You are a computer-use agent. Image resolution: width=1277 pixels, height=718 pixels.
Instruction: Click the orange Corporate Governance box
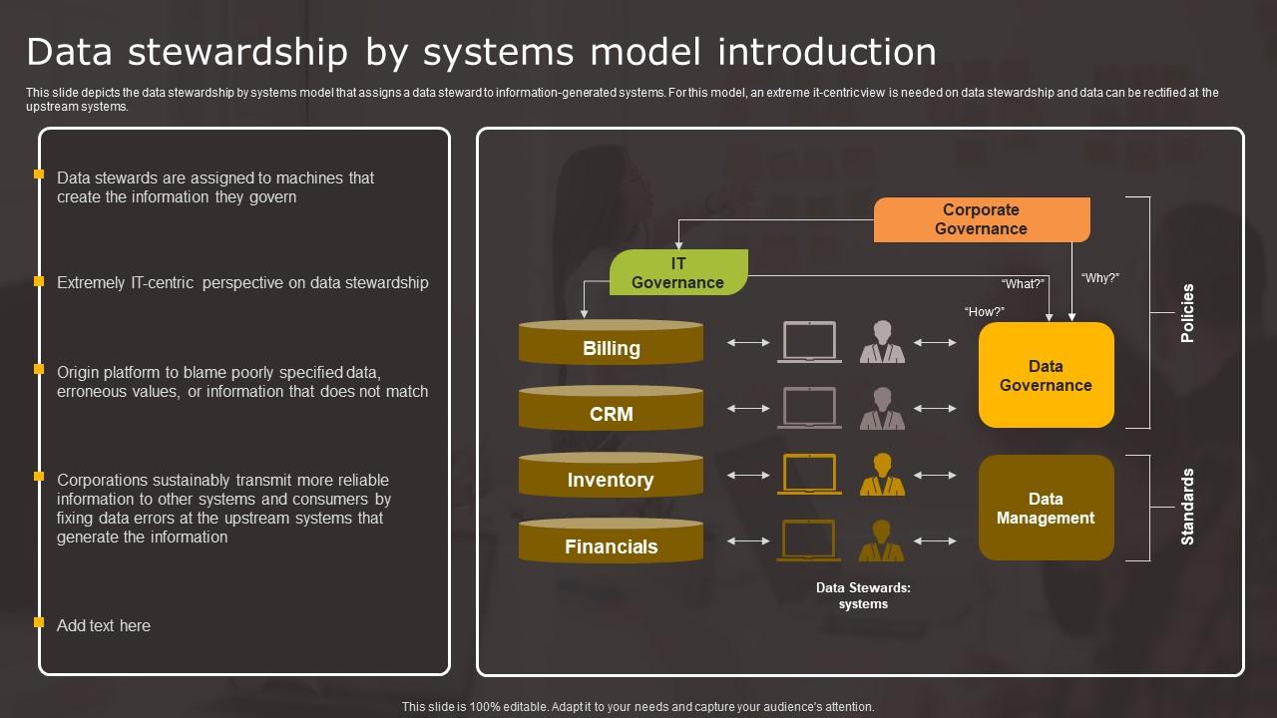(981, 219)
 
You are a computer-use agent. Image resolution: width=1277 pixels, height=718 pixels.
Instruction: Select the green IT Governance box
(678, 272)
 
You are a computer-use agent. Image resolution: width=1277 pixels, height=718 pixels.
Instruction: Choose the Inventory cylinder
(611, 476)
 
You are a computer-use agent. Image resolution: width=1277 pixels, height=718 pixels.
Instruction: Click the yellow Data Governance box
(1046, 375)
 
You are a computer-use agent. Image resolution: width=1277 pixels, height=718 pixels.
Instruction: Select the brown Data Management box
(1046, 508)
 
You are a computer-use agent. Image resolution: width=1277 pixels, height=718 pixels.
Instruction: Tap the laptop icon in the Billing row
(809, 341)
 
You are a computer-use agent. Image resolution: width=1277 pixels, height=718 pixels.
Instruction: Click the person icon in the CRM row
(882, 408)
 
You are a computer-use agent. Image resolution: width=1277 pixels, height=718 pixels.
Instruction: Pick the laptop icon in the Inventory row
(809, 474)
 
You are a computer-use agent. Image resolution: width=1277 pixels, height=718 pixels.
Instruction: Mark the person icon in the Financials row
(882, 540)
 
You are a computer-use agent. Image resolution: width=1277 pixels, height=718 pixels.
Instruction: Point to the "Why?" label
(1099, 278)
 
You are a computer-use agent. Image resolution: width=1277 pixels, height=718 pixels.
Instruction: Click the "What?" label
(1023, 284)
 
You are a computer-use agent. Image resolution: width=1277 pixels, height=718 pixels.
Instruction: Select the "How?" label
(985, 312)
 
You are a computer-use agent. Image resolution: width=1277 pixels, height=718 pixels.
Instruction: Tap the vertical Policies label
(1187, 313)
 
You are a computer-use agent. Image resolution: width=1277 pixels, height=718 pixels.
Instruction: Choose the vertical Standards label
(1187, 507)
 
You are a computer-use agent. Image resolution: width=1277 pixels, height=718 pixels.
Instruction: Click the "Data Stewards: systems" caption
(863, 595)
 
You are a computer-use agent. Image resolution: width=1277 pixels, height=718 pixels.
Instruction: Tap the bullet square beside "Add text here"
(39, 622)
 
